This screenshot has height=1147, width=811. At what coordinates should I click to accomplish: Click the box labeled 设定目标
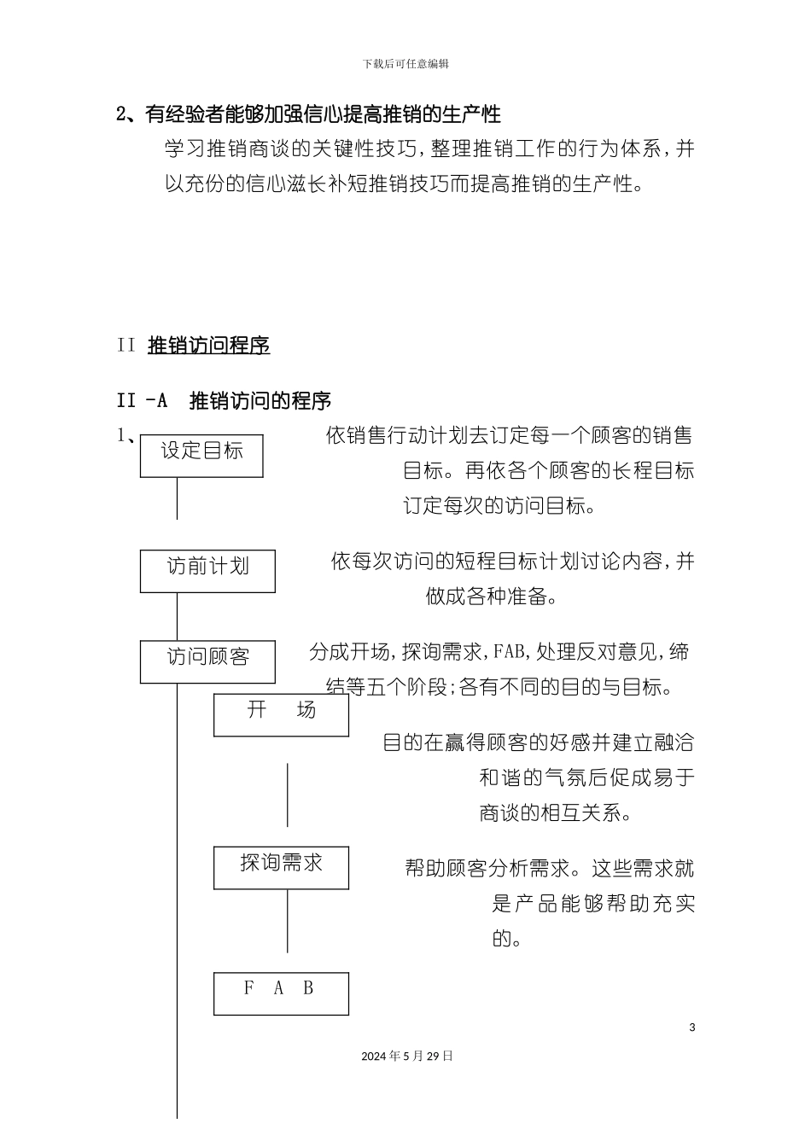pyautogui.click(x=201, y=455)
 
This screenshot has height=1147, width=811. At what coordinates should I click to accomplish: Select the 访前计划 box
pyautogui.click(x=207, y=570)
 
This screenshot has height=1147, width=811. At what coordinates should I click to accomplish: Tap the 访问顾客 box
pyautogui.click(x=207, y=661)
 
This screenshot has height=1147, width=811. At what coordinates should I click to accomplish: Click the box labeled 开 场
pyautogui.click(x=281, y=714)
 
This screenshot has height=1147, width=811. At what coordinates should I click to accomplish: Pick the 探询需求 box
pyautogui.click(x=281, y=867)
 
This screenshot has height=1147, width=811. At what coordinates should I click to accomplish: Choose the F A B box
pyautogui.click(x=281, y=993)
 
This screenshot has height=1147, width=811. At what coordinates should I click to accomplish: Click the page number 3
pyautogui.click(x=692, y=1027)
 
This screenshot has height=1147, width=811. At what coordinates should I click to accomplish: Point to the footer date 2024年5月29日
pyautogui.click(x=407, y=1056)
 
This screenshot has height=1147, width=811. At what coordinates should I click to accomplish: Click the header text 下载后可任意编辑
pyautogui.click(x=405, y=63)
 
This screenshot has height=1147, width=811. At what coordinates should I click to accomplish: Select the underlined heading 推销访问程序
pyautogui.click(x=209, y=346)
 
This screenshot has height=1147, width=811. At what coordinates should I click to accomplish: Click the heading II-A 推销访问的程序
pyautogui.click(x=224, y=400)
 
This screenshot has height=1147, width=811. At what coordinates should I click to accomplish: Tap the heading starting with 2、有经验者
pyautogui.click(x=308, y=114)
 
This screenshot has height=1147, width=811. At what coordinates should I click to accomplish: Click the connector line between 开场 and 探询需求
pyautogui.click(x=288, y=794)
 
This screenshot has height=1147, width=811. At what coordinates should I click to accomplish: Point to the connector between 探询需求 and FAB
pyautogui.click(x=288, y=922)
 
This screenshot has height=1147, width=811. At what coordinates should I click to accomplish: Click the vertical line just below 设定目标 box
pyautogui.click(x=178, y=498)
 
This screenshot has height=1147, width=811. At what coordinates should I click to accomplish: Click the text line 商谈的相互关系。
pyautogui.click(x=556, y=812)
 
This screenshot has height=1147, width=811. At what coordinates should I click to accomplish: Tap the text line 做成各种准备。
pyautogui.click(x=492, y=596)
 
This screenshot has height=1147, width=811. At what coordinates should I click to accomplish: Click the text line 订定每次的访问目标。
pyautogui.click(x=499, y=505)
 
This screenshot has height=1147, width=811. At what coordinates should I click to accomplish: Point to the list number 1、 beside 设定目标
pyautogui.click(x=125, y=436)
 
